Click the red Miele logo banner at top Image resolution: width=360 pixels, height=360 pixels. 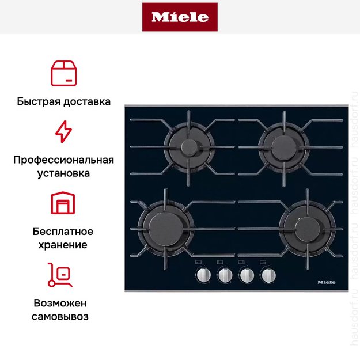[180, 17]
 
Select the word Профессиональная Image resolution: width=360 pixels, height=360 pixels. [63, 160]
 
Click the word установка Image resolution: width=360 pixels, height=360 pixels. [63, 173]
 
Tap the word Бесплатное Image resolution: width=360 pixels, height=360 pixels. [63, 232]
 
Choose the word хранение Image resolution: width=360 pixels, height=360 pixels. [63, 245]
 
